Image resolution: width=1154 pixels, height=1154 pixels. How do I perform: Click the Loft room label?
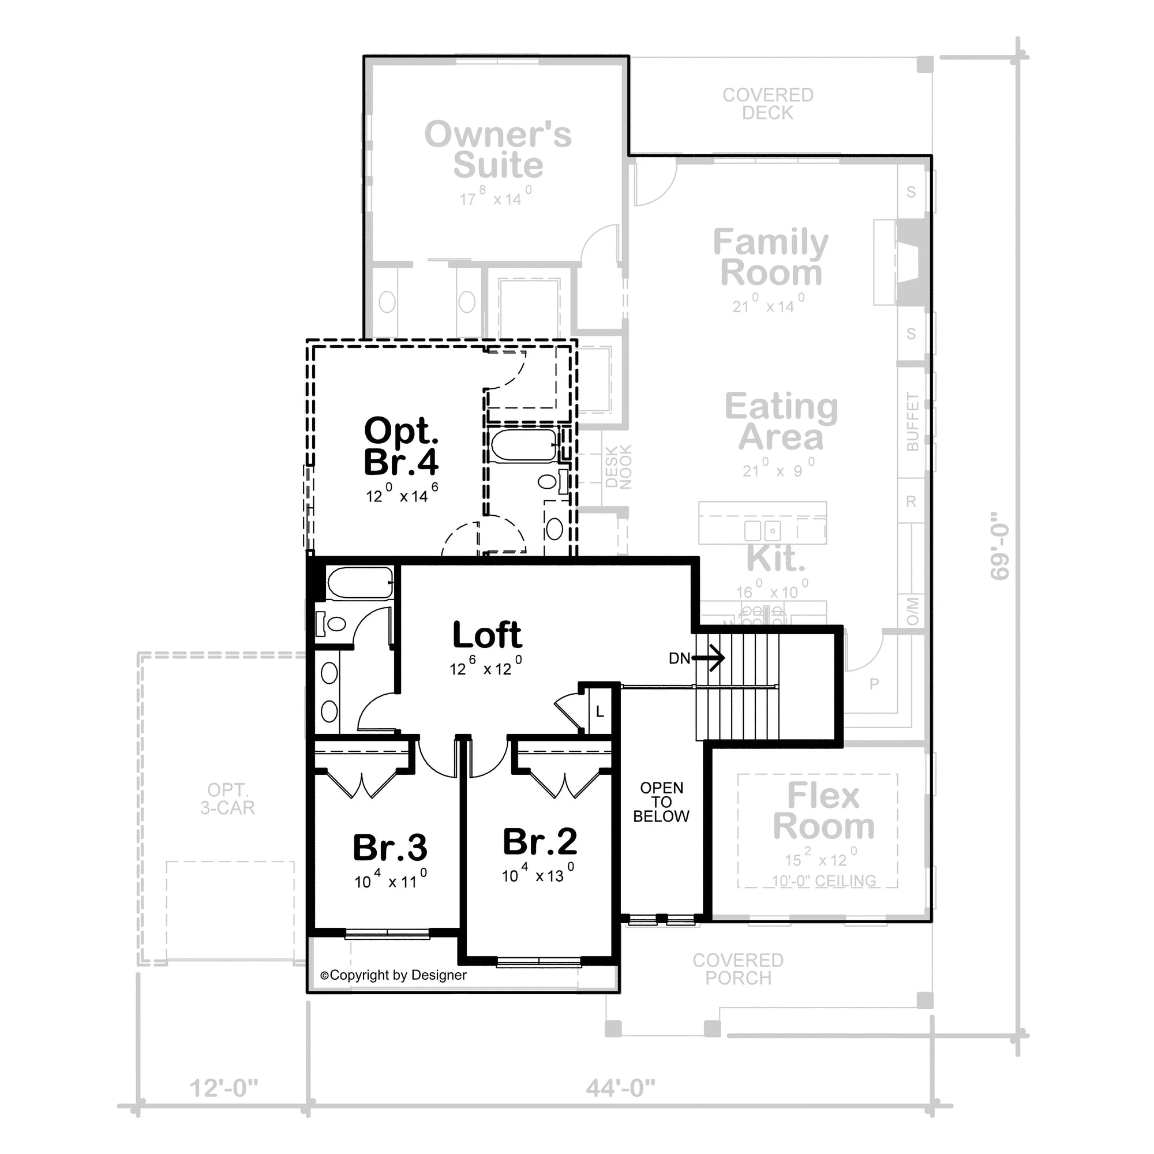tap(487, 635)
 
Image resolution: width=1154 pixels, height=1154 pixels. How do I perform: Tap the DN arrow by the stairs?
tap(709, 658)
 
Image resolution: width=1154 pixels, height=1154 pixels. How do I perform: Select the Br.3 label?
tap(390, 848)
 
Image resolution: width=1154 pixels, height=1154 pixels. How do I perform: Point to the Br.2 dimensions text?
tap(538, 875)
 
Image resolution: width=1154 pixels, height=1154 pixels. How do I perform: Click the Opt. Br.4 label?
tap(402, 447)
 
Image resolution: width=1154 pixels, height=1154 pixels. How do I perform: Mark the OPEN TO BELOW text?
tap(661, 802)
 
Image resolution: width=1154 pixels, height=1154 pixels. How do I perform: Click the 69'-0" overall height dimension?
tap(999, 545)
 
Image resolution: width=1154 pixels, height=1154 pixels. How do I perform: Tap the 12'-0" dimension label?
tap(224, 1088)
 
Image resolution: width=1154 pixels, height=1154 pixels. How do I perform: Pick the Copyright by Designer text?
tap(394, 975)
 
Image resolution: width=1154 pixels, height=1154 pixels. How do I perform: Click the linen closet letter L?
tap(600, 712)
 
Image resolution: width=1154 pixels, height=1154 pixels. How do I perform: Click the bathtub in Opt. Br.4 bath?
tap(523, 445)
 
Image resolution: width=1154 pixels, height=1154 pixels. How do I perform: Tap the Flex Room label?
tap(824, 811)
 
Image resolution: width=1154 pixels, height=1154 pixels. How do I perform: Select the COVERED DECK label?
tap(767, 103)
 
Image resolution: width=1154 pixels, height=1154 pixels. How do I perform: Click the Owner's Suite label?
tap(497, 149)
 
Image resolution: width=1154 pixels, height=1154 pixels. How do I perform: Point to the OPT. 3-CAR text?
tap(227, 799)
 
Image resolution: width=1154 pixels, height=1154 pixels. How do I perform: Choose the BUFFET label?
tap(912, 422)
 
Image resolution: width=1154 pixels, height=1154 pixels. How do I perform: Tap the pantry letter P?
tap(874, 684)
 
